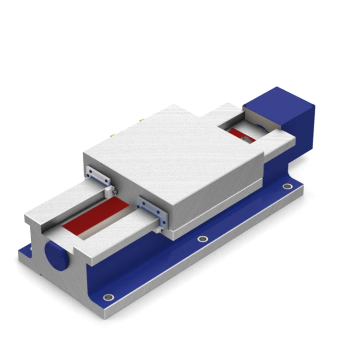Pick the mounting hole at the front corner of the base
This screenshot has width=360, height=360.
click(x=108, y=297)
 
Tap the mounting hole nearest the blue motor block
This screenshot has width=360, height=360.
click(x=287, y=186)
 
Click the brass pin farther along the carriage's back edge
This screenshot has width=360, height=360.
click(x=143, y=118)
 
